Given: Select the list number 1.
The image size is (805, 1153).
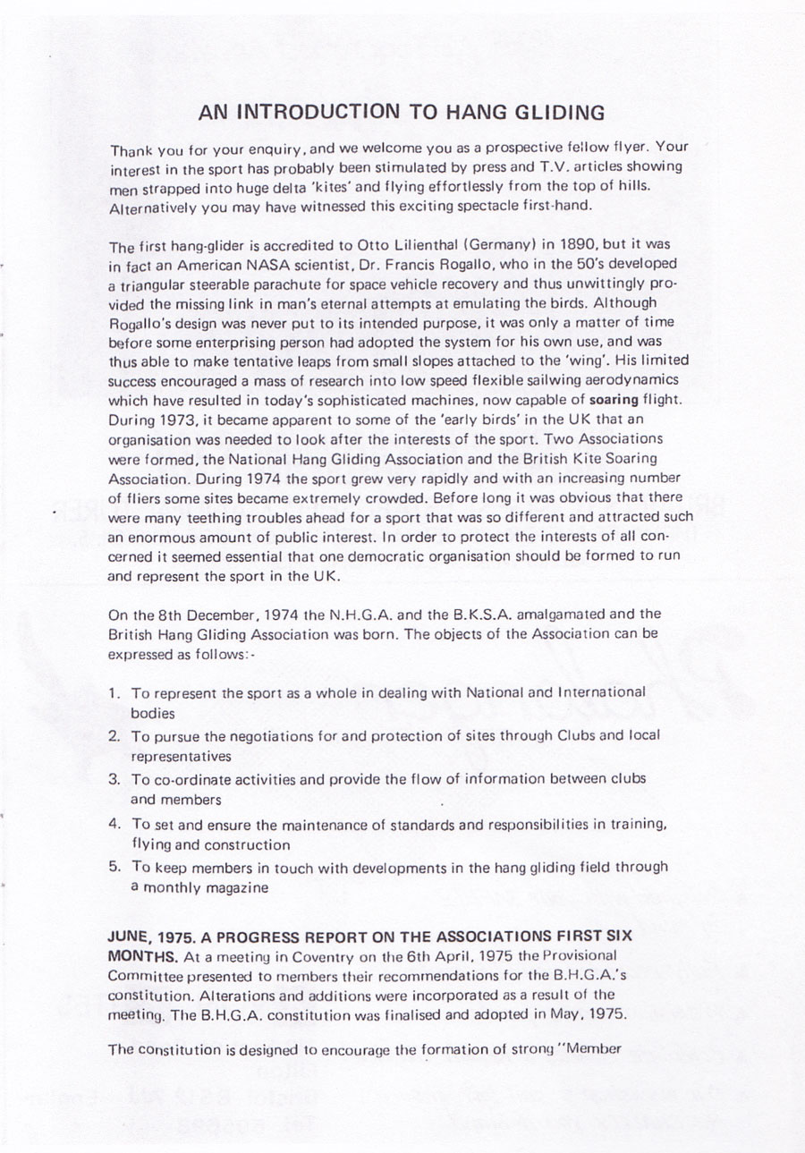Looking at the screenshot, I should coord(114,693).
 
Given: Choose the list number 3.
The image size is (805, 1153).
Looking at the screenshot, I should coord(114,779).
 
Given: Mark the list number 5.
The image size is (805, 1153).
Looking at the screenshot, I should coord(114,866).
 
